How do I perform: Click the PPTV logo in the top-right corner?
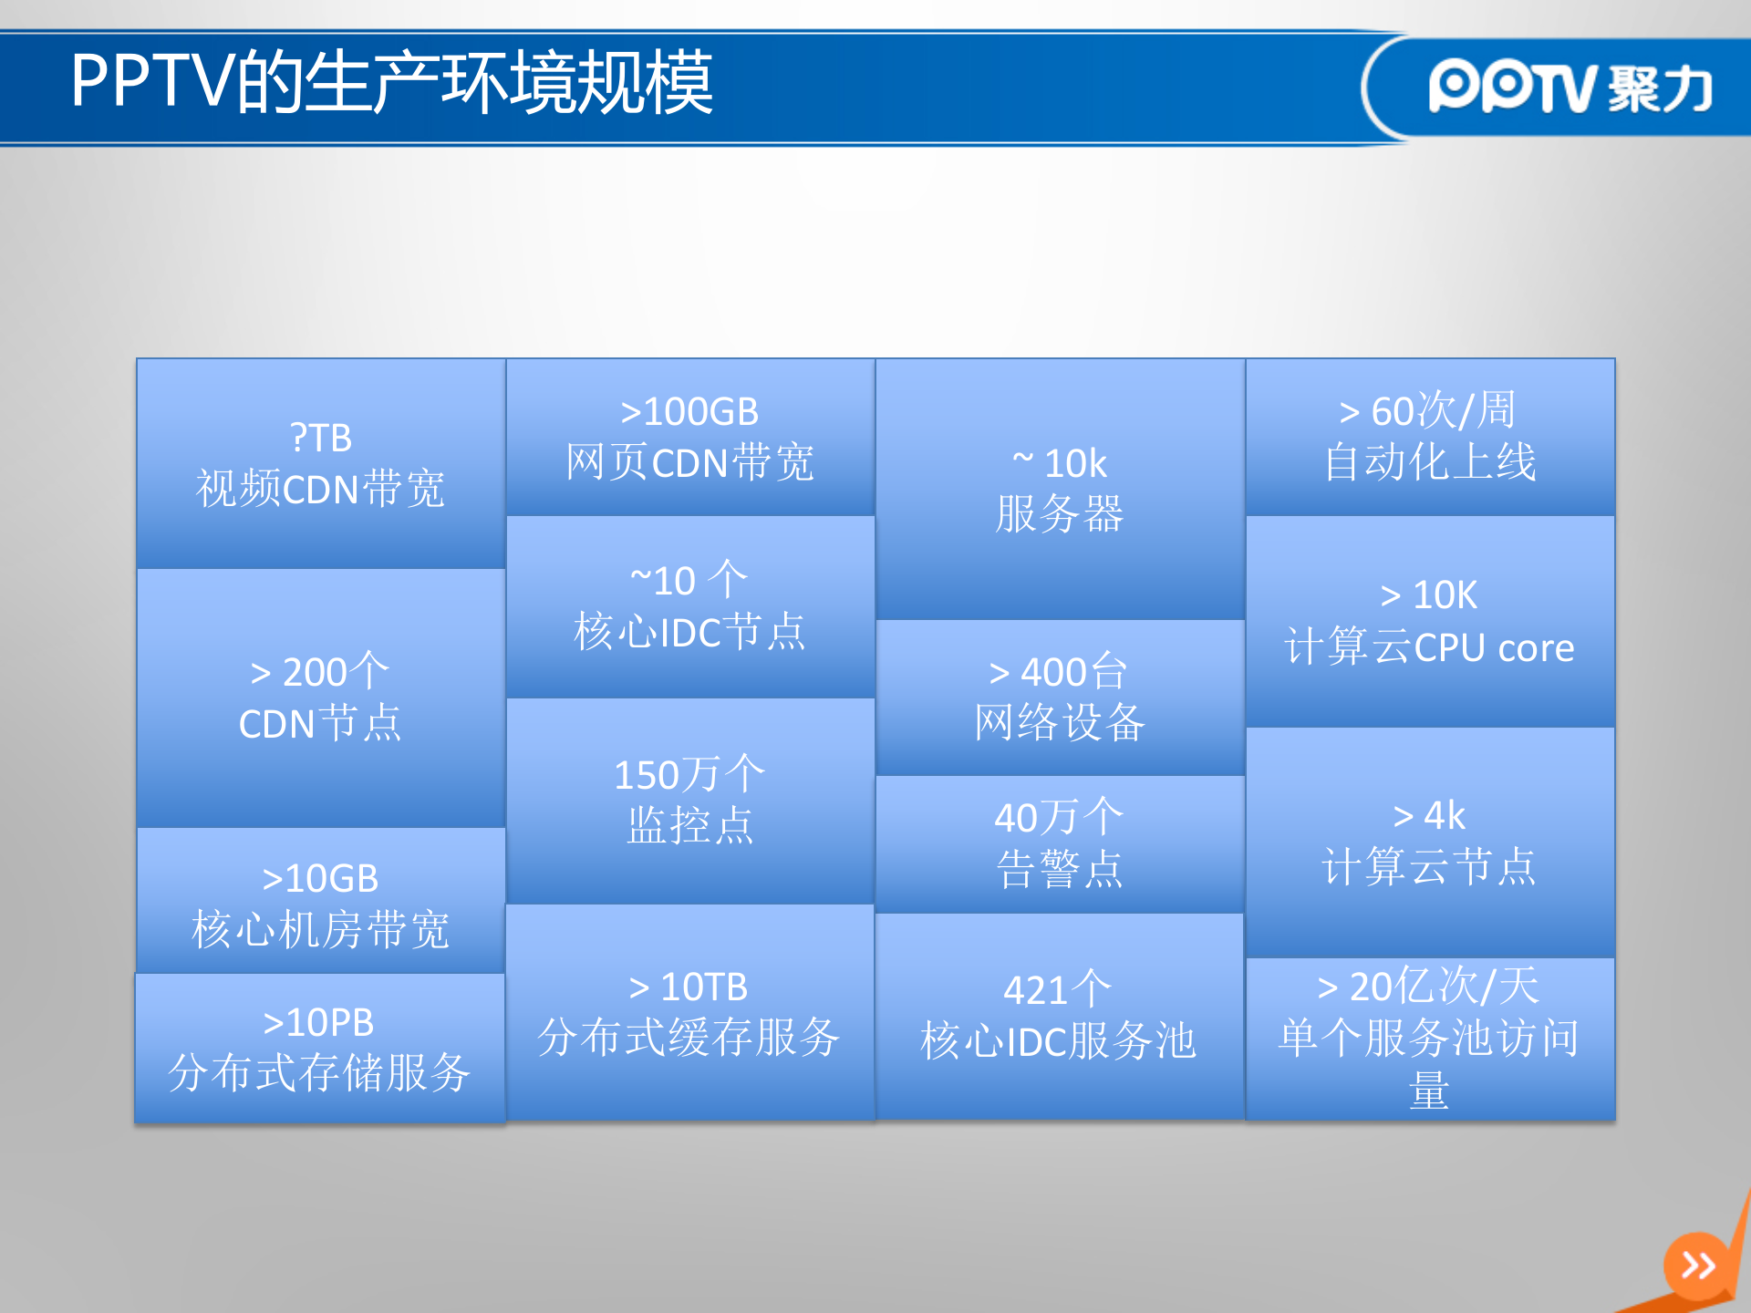click(x=1569, y=88)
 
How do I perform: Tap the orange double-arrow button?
click(x=1698, y=1266)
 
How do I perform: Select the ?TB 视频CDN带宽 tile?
click(x=321, y=463)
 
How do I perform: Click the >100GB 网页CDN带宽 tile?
click(x=690, y=437)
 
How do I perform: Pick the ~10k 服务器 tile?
click(x=1060, y=489)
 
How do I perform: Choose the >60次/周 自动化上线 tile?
click(x=1430, y=437)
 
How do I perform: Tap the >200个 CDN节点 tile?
click(x=321, y=698)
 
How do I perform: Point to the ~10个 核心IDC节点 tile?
click(x=690, y=607)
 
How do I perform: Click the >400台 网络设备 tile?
click(x=1060, y=698)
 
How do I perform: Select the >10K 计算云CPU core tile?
click(x=1430, y=622)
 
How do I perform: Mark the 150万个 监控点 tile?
click(x=690, y=801)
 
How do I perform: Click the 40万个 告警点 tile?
click(x=1060, y=843)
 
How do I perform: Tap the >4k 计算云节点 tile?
click(x=1430, y=842)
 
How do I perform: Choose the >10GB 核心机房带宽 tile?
click(x=321, y=903)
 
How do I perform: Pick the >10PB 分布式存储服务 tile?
click(x=320, y=1048)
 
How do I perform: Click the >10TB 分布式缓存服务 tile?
click(x=690, y=1012)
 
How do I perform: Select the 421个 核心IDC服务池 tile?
click(x=1060, y=1016)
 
